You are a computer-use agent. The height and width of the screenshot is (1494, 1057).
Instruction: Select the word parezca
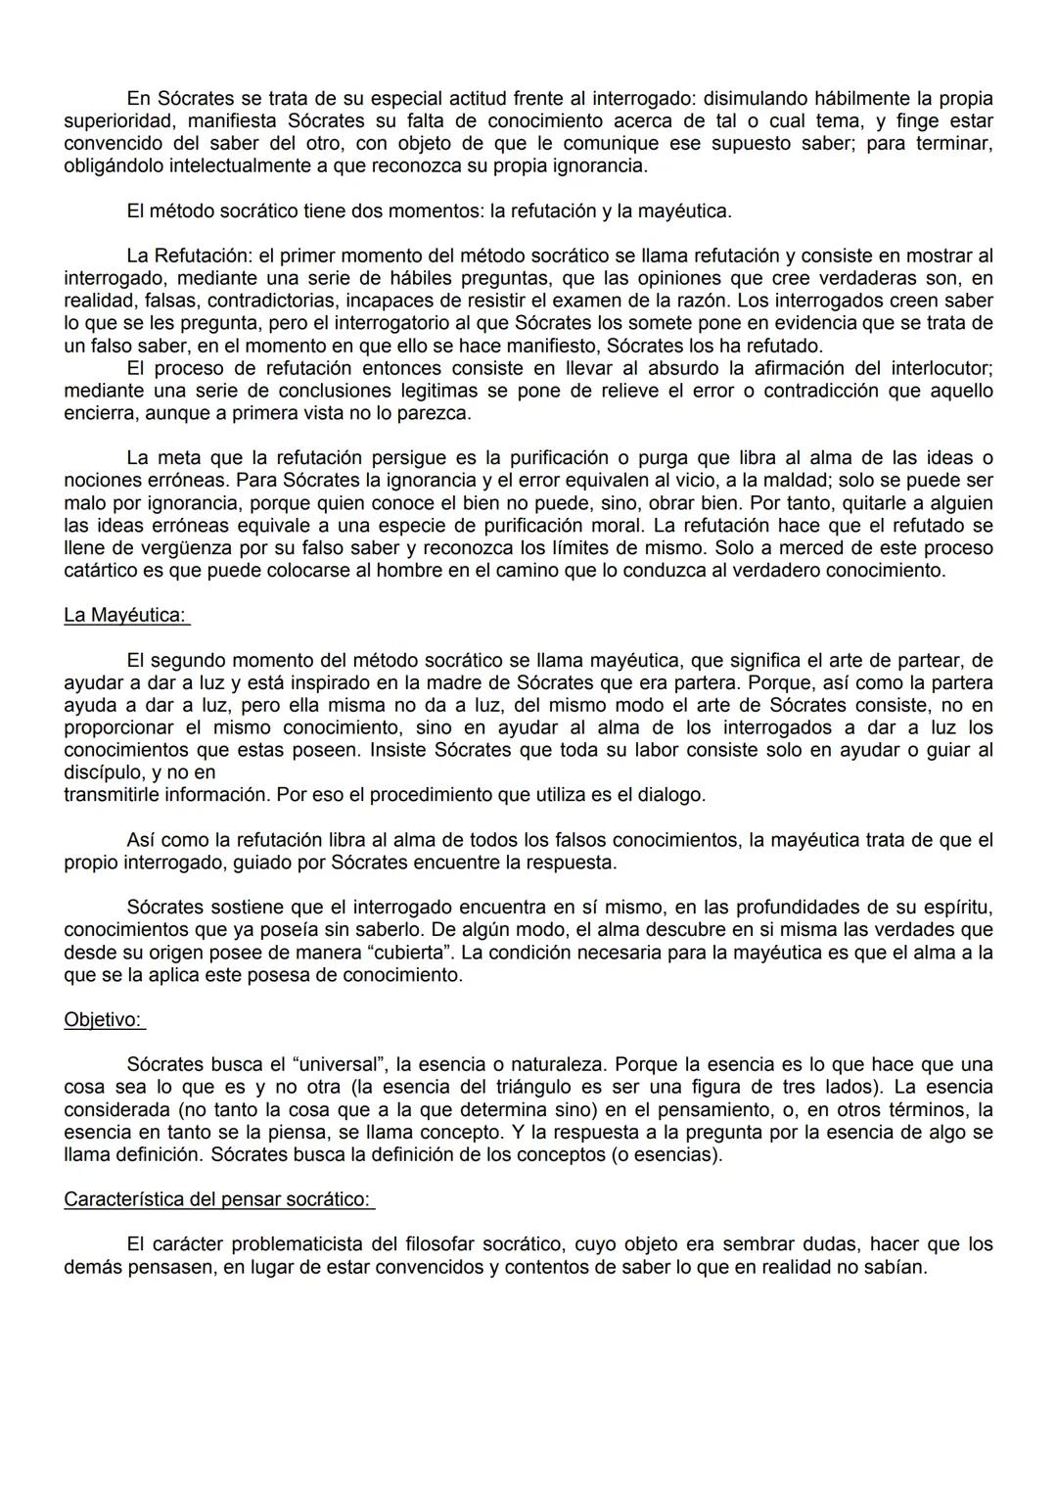pos(430,413)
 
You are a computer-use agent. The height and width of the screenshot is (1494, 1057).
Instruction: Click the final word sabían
pos(895,1267)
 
